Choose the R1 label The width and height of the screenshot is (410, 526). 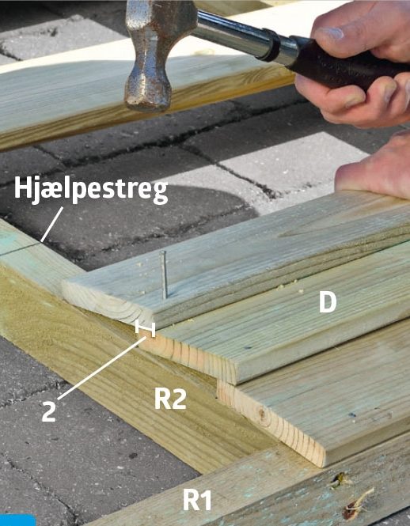[x=197, y=500]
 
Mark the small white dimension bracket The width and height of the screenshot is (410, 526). [x=144, y=327]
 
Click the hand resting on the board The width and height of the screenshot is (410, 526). [x=376, y=170]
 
